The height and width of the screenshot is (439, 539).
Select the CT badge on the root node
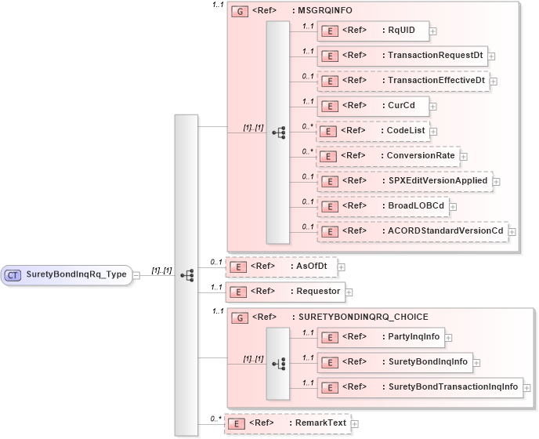pos(13,275)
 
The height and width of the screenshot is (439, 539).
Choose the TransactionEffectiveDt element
pos(403,81)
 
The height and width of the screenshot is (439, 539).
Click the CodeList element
pos(373,131)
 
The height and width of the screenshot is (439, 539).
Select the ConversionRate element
pos(387,156)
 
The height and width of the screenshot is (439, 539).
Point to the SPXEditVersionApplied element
pos(404,181)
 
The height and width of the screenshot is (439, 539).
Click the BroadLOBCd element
pos(383,206)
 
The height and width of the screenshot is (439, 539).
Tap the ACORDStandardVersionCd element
pos(412,231)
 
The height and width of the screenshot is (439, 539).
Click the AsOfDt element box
pos(280,267)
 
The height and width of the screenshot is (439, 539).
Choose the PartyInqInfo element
pos(380,338)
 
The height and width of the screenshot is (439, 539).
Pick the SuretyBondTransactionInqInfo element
pos(420,387)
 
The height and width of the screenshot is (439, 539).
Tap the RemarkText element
pos(288,423)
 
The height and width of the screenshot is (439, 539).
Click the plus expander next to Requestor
pos(349,292)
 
